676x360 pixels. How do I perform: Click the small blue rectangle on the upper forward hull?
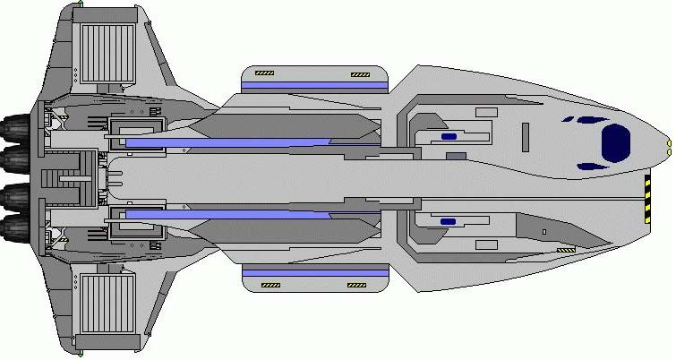[449, 137]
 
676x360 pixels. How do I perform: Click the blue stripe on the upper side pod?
[315, 85]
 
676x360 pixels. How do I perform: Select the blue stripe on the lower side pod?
[315, 272]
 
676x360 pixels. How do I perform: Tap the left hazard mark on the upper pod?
[265, 73]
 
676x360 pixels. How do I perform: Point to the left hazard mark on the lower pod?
[269, 286]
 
